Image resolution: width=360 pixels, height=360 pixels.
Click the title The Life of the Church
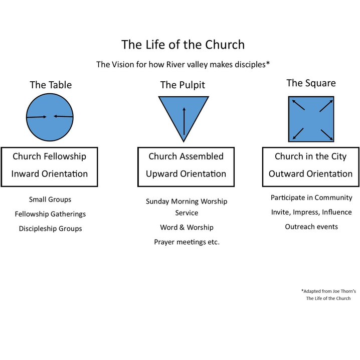(x=183, y=45)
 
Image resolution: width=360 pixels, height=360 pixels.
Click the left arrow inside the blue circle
(x=37, y=117)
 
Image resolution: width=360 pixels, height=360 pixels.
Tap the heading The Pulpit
(x=183, y=85)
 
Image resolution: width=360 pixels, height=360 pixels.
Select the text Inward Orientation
(x=50, y=174)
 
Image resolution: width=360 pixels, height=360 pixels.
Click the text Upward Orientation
(x=186, y=174)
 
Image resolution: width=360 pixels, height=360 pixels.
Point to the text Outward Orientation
(x=310, y=174)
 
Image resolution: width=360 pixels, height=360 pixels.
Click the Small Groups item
(x=50, y=200)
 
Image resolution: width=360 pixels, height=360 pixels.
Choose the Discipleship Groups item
(x=50, y=229)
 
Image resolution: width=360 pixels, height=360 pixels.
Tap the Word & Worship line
(x=187, y=228)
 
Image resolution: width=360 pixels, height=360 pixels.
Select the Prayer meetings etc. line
(x=187, y=242)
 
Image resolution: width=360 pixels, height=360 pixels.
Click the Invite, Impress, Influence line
(x=311, y=212)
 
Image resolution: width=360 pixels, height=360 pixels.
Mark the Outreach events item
(x=311, y=227)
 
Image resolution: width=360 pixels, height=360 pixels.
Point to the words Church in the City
(x=310, y=156)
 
